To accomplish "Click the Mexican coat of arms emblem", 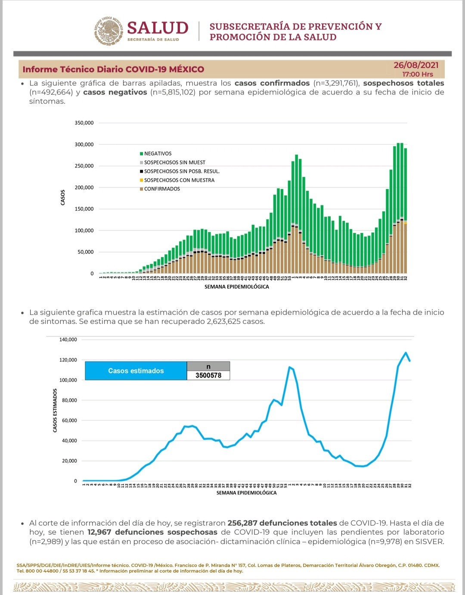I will click(x=108, y=31).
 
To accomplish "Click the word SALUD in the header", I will click(x=158, y=28).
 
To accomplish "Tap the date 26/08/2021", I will click(x=416, y=65).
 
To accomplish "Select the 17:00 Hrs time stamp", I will click(x=418, y=74).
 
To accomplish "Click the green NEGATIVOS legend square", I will click(x=141, y=154).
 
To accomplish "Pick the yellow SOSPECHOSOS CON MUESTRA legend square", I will click(x=141, y=180).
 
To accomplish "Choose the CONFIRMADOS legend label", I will click(x=162, y=189).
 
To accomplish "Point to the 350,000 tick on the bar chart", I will click(x=84, y=123).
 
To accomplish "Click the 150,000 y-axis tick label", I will click(x=84, y=209).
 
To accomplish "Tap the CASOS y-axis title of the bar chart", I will click(x=63, y=197).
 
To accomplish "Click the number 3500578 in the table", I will click(x=208, y=375).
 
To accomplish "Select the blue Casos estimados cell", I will click(x=136, y=371).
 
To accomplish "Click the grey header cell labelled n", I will click(x=208, y=366).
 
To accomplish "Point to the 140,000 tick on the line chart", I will click(x=68, y=340).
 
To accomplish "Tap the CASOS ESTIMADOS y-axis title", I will click(x=55, y=410).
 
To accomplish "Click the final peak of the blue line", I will click(x=406, y=352).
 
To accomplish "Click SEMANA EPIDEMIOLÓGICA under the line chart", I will click(x=246, y=493).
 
